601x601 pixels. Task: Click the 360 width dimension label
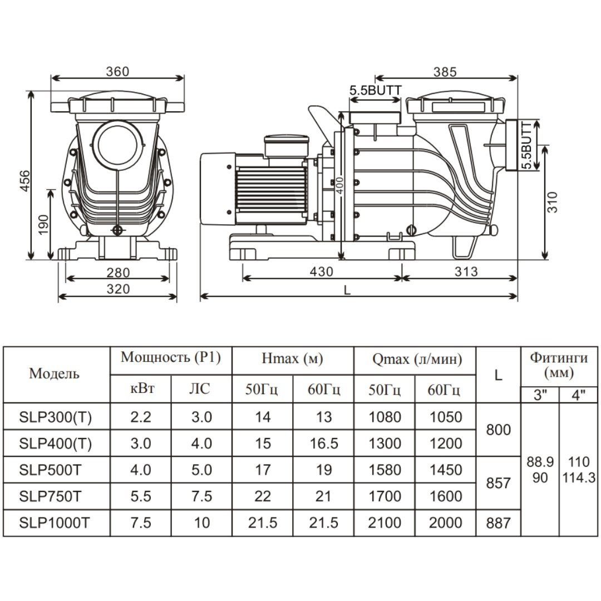point(117,71)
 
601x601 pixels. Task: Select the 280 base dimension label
point(118,272)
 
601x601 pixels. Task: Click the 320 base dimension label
point(118,289)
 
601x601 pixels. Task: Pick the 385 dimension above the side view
point(445,71)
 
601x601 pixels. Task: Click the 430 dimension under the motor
point(321,272)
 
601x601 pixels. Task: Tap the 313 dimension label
point(466,272)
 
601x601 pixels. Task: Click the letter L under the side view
point(347,289)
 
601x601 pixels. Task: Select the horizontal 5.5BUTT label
point(375,90)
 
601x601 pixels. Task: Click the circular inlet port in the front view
point(117,144)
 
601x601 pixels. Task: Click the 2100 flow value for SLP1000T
point(385,523)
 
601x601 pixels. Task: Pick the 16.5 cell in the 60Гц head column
point(323,444)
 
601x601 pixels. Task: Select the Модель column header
point(54,373)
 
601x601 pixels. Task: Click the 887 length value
point(498,523)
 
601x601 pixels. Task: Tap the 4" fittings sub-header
point(579,396)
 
